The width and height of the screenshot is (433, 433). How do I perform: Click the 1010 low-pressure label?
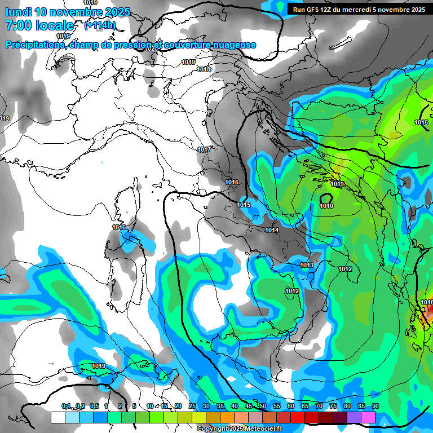pos(326,206)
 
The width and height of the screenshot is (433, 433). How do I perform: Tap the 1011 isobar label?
pos(337,184)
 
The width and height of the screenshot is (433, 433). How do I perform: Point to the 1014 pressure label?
pos(272,230)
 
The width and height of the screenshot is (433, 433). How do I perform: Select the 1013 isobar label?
pos(307,265)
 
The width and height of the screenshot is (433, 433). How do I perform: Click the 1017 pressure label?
pos(204,149)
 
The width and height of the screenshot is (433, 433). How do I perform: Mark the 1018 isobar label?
pos(204,69)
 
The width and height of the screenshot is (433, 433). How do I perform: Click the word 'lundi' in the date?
pos(19,12)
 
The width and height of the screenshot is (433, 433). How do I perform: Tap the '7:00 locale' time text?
pos(39,25)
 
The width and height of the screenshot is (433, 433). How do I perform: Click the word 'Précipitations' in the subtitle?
pos(36,45)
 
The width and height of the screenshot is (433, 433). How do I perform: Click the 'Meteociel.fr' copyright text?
pos(259,429)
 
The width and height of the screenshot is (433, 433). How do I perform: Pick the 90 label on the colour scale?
pos(375,406)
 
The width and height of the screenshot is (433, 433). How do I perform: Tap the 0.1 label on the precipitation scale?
pos(66,406)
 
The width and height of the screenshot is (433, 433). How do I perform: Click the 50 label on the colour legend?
pos(262,406)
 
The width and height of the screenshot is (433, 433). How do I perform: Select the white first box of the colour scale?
pos(58,417)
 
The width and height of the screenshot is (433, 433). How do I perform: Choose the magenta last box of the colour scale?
pos(368,417)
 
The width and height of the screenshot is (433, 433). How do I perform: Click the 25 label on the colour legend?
pos(192,406)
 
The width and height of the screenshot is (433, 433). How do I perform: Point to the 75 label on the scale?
pos(333,406)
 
